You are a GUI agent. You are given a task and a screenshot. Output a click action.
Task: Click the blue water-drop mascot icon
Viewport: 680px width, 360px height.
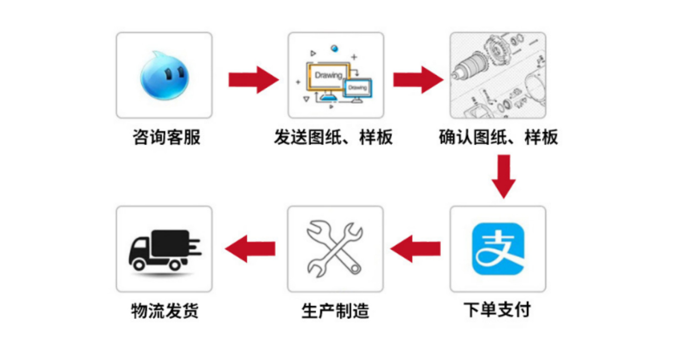tap(164, 76)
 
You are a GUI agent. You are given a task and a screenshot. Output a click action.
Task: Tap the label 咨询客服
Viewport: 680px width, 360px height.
tap(166, 137)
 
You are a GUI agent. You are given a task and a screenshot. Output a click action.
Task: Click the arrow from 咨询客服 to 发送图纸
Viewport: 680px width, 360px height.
tap(253, 80)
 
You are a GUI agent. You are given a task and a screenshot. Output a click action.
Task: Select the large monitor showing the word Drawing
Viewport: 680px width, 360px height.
tap(328, 77)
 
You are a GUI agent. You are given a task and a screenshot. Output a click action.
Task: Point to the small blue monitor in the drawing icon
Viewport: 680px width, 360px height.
tap(358, 88)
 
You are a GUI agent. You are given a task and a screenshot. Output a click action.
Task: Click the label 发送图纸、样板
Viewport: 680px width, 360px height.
tap(333, 137)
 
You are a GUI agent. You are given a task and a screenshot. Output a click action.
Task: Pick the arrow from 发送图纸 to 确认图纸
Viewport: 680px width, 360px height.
tap(418, 80)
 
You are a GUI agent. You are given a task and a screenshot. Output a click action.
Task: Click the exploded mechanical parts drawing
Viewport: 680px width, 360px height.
tap(498, 75)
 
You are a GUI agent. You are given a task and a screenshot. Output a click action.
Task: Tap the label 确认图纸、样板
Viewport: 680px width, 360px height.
tap(498, 137)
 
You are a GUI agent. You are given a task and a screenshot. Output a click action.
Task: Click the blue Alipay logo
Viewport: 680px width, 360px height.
tap(498, 249)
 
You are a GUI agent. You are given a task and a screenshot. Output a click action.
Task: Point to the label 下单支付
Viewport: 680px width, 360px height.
tap(497, 310)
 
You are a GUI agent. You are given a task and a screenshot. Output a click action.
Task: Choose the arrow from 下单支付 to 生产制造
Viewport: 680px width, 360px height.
tap(416, 249)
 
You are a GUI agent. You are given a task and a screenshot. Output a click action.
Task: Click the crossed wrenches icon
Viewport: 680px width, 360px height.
tap(335, 249)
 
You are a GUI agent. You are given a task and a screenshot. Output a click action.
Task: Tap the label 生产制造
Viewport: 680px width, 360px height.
tap(335, 310)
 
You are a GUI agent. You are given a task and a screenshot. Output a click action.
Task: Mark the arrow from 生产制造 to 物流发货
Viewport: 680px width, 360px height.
tap(250, 249)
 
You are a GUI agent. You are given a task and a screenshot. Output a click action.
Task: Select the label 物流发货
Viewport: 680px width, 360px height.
tap(165, 310)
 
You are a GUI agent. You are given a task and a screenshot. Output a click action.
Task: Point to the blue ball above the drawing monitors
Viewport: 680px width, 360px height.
tap(334, 49)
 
